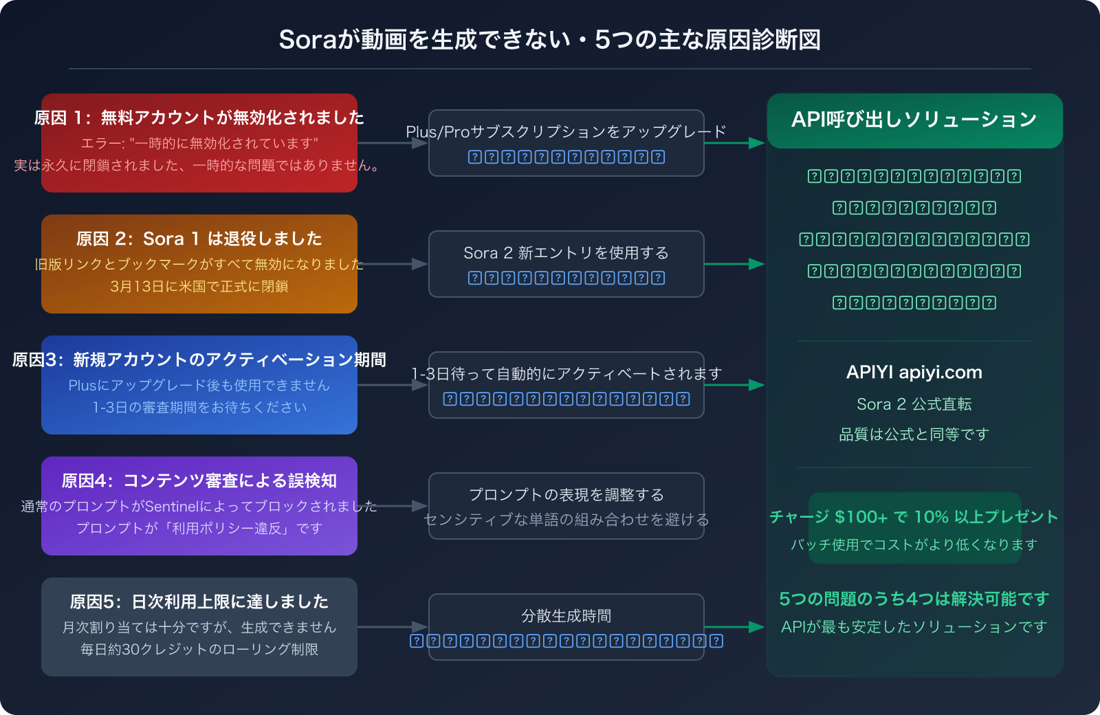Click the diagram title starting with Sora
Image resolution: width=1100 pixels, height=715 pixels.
pyautogui.click(x=549, y=40)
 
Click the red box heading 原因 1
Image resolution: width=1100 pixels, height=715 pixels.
pyautogui.click(x=199, y=118)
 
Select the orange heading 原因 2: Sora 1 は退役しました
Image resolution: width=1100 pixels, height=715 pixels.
pyautogui.click(x=199, y=239)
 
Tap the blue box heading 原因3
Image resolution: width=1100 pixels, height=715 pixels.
pyautogui.click(x=199, y=360)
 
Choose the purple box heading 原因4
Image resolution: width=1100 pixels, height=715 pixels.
pyautogui.click(x=199, y=481)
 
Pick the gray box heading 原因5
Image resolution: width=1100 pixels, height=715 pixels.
pyautogui.click(x=199, y=602)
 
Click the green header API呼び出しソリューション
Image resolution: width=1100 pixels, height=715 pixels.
pyautogui.click(x=914, y=120)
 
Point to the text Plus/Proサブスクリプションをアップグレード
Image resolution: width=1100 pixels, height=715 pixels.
pyautogui.click(x=566, y=131)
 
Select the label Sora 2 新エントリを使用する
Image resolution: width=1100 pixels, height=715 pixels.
pyautogui.click(x=566, y=253)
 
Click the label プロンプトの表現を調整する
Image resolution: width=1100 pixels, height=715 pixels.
pyautogui.click(x=566, y=495)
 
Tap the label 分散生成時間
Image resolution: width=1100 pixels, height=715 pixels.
pyautogui.click(x=566, y=616)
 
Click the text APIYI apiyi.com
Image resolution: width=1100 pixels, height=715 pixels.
pyautogui.click(x=914, y=373)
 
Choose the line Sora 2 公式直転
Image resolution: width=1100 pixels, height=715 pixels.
pyautogui.click(x=914, y=404)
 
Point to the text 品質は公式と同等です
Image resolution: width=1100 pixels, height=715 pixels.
pyautogui.click(x=914, y=434)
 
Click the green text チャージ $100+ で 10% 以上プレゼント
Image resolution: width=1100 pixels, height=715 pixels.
pyautogui.click(x=914, y=517)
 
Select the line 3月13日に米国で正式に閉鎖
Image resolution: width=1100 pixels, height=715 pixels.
pyautogui.click(x=199, y=286)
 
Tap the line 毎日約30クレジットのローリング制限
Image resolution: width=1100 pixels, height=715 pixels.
pyautogui.click(x=199, y=650)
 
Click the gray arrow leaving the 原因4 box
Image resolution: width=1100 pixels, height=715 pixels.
pyautogui.click(x=402, y=506)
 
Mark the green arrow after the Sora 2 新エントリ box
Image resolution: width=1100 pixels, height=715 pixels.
pyautogui.click(x=734, y=264)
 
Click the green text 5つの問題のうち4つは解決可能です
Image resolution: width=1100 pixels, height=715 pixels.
pyautogui.click(x=914, y=599)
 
